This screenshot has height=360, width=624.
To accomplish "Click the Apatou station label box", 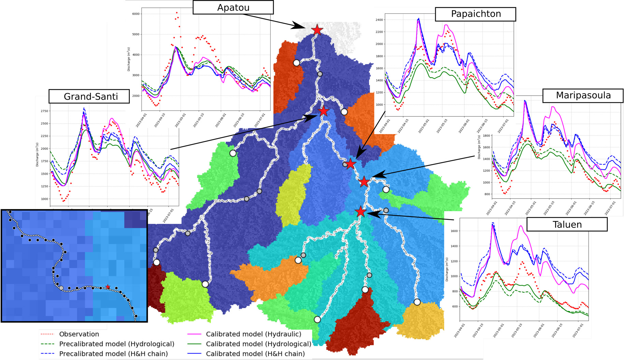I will pyautogui.click(x=233, y=8).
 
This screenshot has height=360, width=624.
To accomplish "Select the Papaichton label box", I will pyautogui.click(x=476, y=14).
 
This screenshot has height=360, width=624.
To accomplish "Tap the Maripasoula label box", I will pyautogui.click(x=583, y=95).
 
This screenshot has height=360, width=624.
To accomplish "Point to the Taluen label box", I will pyautogui.click(x=567, y=225).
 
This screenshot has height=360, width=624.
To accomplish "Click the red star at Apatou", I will pyautogui.click(x=317, y=30).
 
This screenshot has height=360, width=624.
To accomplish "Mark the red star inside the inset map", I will pyautogui.click(x=108, y=287).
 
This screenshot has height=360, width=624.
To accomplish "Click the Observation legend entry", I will pyautogui.click(x=79, y=334).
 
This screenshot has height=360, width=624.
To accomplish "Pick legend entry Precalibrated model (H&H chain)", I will pyautogui.click(x=113, y=354).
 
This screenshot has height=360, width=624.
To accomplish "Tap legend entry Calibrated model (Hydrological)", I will pyautogui.click(x=258, y=344).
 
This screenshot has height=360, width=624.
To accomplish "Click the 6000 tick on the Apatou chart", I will pyautogui.click(x=136, y=14).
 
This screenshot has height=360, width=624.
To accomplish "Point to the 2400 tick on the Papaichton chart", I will pyautogui.click(x=379, y=20).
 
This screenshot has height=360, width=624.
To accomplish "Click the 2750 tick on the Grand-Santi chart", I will pyautogui.click(x=44, y=111).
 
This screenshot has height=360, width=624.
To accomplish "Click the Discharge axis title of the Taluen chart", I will pyautogui.click(x=447, y=270).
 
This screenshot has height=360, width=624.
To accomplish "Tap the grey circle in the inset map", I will pyautogui.click(x=61, y=288).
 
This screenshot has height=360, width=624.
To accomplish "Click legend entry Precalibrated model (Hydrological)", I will pyautogui.click(x=116, y=344).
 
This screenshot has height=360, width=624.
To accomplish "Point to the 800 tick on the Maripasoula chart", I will pyautogui.click(x=487, y=194).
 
